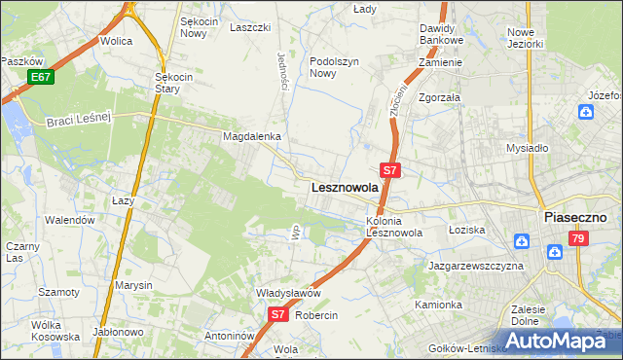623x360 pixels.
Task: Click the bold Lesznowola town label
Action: point(344,188)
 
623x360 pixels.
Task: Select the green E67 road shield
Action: point(40,77)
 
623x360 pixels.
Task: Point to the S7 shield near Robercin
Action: point(278,314)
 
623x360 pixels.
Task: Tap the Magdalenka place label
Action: point(252,137)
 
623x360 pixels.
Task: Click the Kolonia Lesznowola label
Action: point(393,227)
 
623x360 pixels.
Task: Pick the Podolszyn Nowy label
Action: point(336,66)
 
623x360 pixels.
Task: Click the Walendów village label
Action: point(72,220)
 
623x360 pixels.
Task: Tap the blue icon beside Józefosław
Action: point(585,112)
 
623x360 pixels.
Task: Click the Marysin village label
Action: point(133,285)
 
